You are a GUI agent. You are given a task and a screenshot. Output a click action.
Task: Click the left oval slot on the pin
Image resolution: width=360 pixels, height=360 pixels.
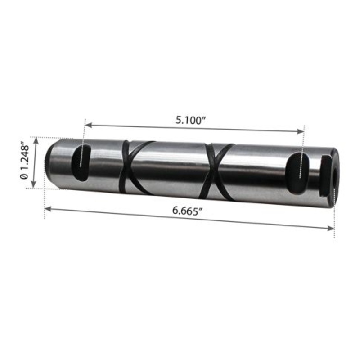(81, 162)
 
